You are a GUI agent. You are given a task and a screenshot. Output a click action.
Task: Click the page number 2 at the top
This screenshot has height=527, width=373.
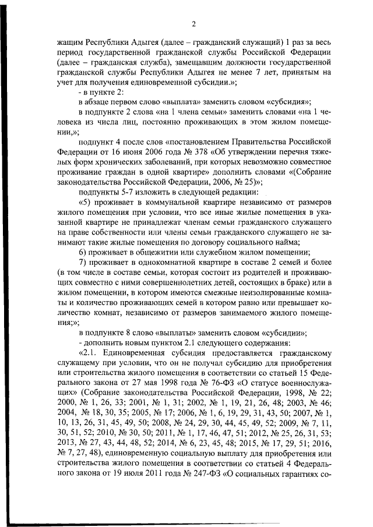(x=193, y=24)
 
